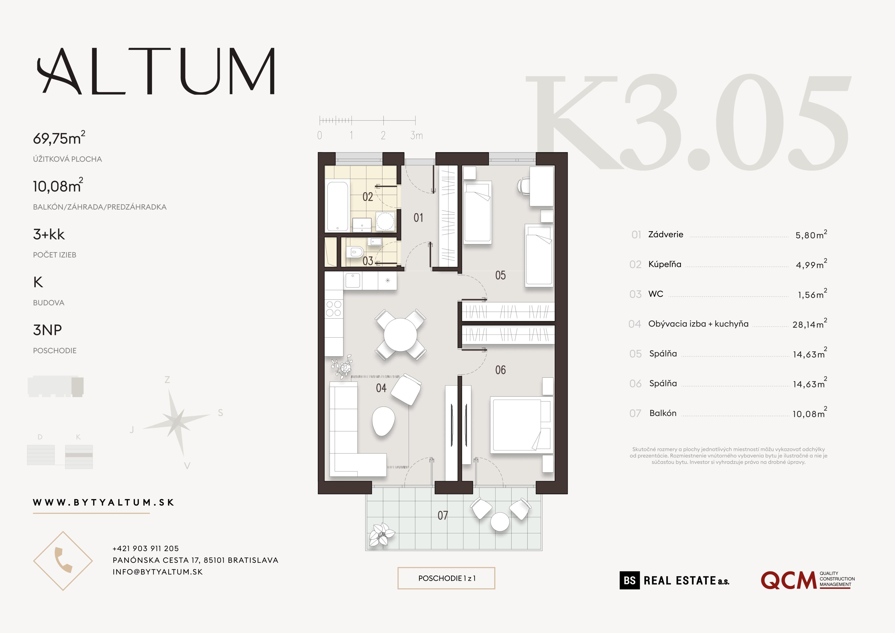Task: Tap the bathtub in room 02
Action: pos(337,206)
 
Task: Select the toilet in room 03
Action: pos(355,252)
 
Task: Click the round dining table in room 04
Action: pos(400,335)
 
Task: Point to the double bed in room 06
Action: pos(516,424)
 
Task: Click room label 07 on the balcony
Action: pos(442,516)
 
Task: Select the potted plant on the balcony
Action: pos(381,534)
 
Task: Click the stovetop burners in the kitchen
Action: pos(334,308)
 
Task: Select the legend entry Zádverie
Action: pos(665,234)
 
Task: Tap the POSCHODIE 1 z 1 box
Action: pos(446,578)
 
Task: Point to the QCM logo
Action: pos(807,580)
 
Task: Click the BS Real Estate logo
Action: pos(674,580)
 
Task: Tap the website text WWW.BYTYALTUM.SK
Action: pos(103,502)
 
